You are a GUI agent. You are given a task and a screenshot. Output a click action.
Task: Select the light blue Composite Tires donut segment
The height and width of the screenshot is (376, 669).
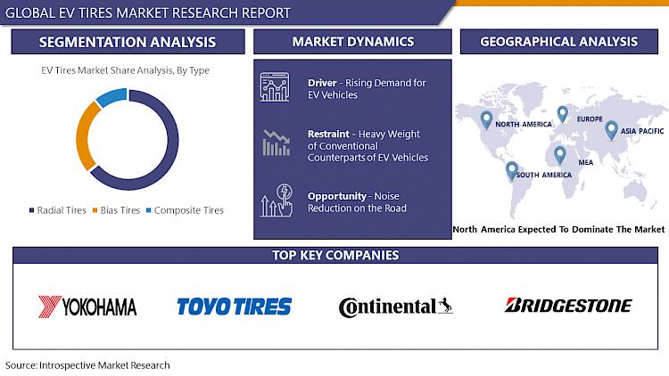(x=111, y=97)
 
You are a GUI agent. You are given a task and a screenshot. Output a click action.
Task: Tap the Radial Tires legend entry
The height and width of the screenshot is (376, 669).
(x=58, y=210)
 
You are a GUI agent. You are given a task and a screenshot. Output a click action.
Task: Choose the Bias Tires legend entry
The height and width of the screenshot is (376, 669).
(x=117, y=210)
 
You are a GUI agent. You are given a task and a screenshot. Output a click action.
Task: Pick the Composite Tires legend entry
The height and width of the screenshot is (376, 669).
(x=185, y=210)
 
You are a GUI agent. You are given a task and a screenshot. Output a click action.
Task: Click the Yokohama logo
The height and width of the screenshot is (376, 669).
(x=87, y=307)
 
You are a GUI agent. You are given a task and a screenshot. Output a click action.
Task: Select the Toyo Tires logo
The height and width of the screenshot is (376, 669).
(x=235, y=307)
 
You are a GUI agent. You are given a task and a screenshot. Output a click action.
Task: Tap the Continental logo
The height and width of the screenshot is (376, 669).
(x=395, y=307)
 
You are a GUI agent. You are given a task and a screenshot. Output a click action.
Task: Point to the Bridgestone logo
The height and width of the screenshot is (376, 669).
(x=568, y=306)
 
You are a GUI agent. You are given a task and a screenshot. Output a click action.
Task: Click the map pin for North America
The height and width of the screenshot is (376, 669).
(x=486, y=119)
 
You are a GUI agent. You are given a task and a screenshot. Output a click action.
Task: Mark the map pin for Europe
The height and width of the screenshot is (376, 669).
(x=563, y=114)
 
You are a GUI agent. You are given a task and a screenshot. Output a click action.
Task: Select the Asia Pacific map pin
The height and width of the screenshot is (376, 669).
(x=611, y=130)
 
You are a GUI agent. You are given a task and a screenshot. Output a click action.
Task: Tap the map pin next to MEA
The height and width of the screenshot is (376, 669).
(x=560, y=155)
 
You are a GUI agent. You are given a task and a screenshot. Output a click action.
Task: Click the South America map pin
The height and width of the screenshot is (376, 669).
(x=512, y=170)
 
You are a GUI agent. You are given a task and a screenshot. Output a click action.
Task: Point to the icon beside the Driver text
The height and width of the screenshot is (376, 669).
(x=275, y=87)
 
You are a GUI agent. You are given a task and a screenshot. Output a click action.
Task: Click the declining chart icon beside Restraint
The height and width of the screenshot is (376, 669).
(x=276, y=143)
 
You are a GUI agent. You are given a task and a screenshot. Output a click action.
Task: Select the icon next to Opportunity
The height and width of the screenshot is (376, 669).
(x=277, y=200)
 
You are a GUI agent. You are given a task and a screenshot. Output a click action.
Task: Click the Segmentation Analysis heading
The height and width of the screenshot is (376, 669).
(x=128, y=42)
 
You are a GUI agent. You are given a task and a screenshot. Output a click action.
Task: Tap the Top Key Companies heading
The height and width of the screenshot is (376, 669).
(x=335, y=255)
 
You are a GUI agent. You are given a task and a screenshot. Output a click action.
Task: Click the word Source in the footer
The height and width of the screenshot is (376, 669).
(x=21, y=365)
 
